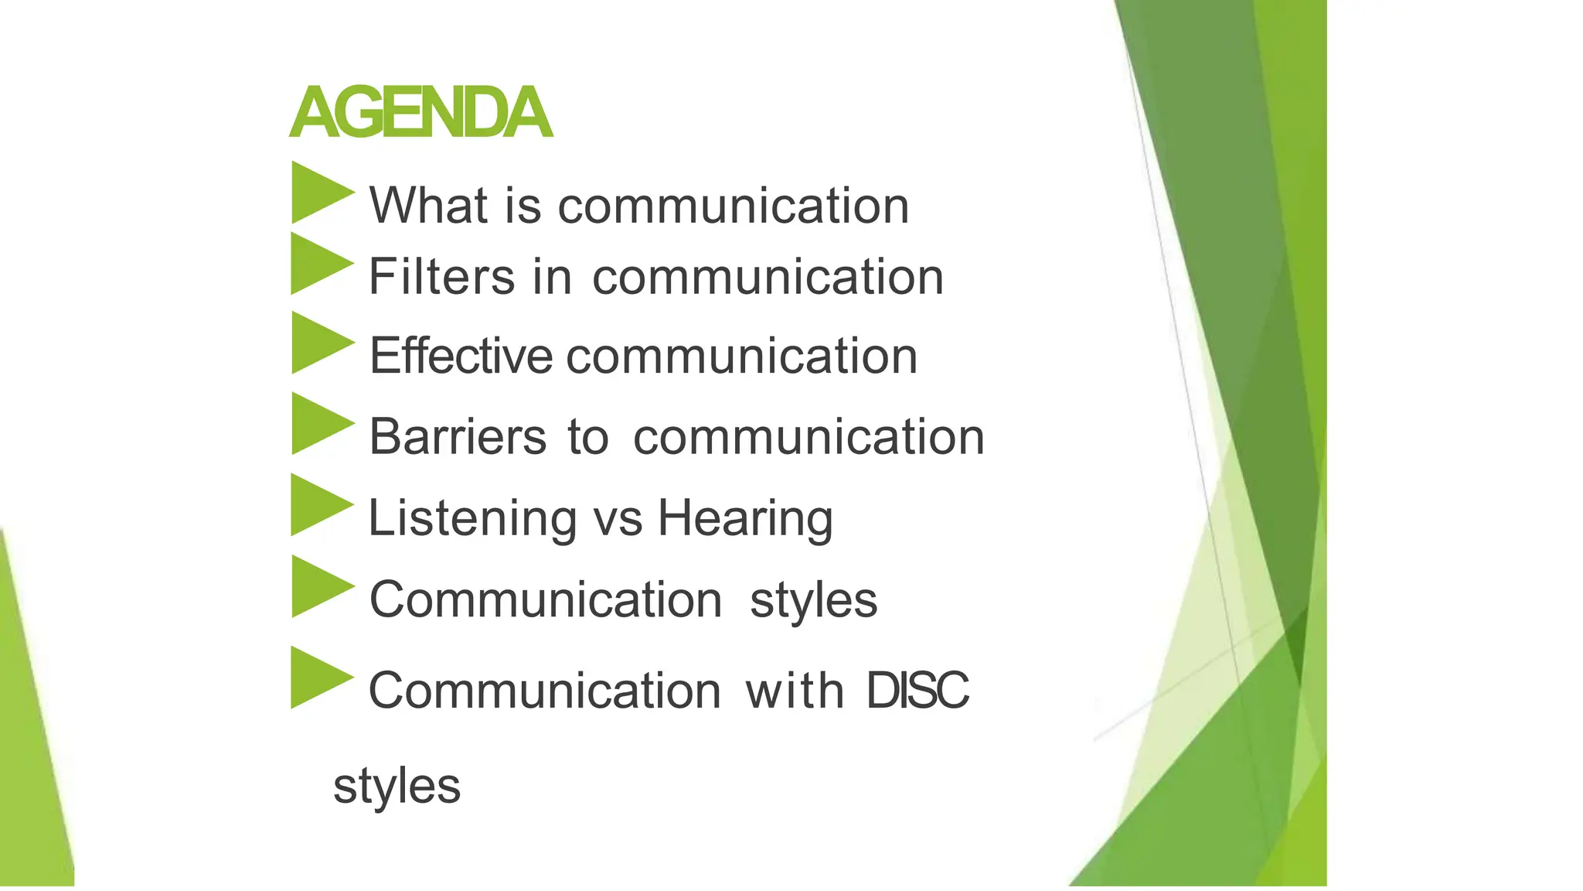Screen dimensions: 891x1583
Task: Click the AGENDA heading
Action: (x=421, y=113)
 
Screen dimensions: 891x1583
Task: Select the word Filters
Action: (x=441, y=277)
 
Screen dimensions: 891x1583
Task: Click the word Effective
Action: (x=461, y=356)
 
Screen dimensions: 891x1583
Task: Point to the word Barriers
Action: (x=458, y=437)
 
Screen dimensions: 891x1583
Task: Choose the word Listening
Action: (x=472, y=518)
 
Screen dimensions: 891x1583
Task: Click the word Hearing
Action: (x=745, y=518)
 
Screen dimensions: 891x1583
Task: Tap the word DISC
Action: (x=917, y=690)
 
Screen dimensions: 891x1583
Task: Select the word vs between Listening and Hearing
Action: (x=618, y=520)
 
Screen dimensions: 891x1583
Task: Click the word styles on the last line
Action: (x=397, y=787)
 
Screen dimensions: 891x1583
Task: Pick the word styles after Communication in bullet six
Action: (x=813, y=600)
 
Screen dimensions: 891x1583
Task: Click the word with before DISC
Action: (x=794, y=690)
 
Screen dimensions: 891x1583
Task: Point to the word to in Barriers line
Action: (x=587, y=438)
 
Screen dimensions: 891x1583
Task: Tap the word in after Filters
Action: (x=552, y=277)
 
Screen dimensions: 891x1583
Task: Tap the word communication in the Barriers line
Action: (x=809, y=438)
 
